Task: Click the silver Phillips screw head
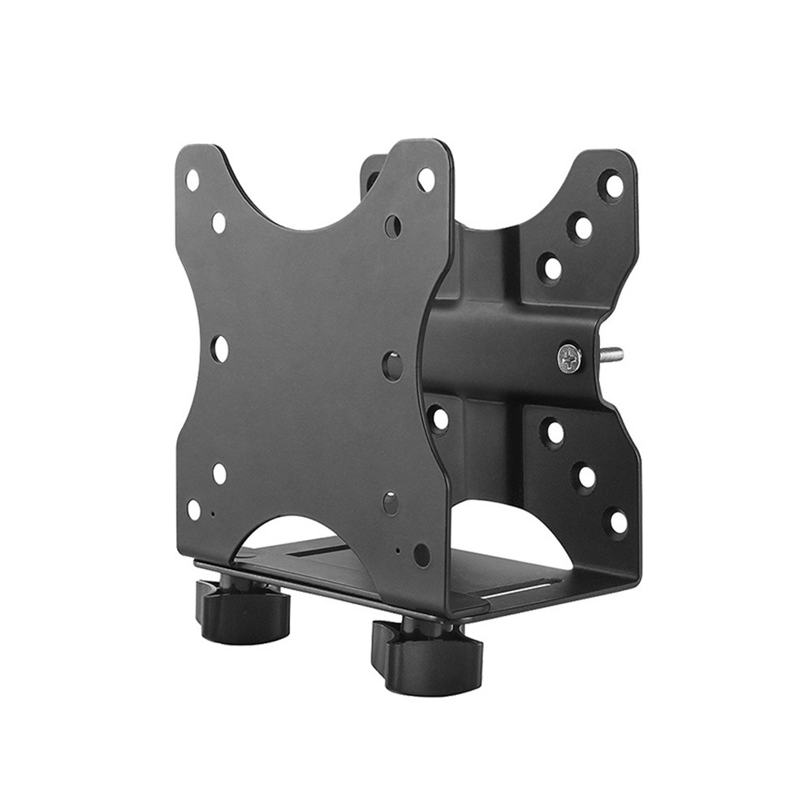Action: tap(569, 356)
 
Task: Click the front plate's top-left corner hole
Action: tap(192, 179)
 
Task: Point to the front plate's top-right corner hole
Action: tap(425, 179)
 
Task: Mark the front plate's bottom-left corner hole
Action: tap(193, 510)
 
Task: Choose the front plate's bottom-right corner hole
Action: tap(421, 555)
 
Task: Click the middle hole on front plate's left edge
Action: tap(219, 348)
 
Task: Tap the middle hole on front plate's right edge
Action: tap(392, 366)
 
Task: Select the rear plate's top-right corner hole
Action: tap(614, 186)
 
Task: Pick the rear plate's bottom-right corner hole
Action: tap(618, 521)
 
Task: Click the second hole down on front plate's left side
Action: tap(218, 222)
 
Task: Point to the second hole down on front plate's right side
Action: tap(393, 226)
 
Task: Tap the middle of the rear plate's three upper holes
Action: tap(581, 227)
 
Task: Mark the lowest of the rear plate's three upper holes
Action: tap(551, 267)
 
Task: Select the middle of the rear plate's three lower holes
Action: tap(585, 477)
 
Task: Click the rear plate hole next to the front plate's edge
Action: tap(439, 418)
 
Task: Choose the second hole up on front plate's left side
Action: tap(219, 473)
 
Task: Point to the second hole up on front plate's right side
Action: tap(391, 503)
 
